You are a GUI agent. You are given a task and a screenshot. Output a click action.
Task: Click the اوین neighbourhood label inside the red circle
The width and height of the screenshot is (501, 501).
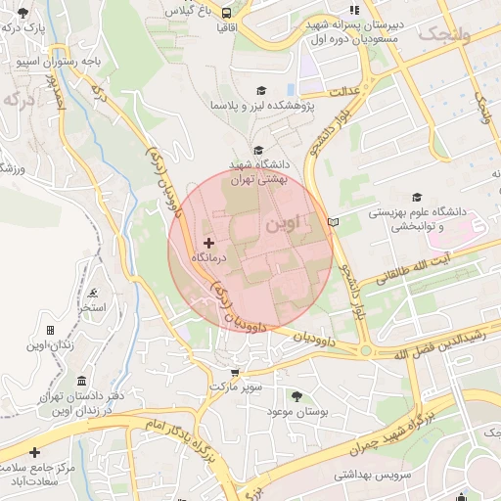pos(291,224)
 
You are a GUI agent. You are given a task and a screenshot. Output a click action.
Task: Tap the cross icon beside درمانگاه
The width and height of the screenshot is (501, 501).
pos(208,242)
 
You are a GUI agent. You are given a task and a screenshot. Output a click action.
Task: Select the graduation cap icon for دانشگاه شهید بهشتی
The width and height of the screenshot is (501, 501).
pos(258,150)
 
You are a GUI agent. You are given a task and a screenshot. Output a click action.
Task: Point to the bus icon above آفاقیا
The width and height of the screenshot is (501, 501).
pos(227,14)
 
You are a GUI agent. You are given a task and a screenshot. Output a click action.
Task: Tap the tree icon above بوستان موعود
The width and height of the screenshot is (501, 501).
pos(296,395)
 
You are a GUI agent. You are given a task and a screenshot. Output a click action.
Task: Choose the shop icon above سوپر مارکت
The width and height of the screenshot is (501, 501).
pos(234,372)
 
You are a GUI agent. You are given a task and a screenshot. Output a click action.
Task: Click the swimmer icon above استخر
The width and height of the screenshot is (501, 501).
pos(93,293)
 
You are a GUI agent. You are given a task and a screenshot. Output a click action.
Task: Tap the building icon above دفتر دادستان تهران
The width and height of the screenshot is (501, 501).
pos(80,380)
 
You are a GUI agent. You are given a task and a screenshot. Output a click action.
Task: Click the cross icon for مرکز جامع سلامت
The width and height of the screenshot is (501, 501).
pos(36,452)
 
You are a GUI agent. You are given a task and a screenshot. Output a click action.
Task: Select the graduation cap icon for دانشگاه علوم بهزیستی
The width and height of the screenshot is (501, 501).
pos(418,196)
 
